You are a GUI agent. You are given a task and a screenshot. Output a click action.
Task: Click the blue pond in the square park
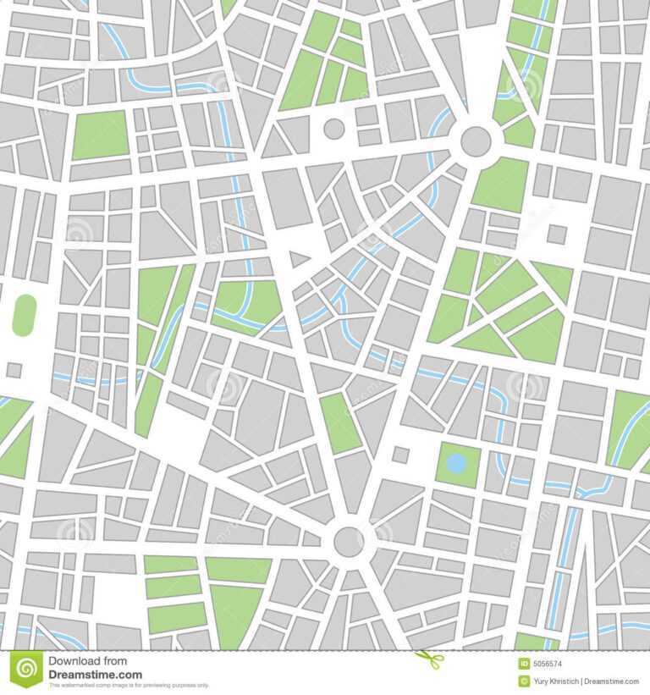[456, 463]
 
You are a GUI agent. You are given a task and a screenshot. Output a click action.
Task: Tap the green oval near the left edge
[24, 315]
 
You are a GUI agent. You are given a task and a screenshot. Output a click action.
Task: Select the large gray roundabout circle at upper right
[476, 141]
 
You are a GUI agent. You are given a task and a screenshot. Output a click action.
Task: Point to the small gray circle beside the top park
[334, 129]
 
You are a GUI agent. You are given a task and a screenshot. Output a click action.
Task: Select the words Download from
[87, 661]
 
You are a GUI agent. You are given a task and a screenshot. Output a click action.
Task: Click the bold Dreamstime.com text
[95, 675]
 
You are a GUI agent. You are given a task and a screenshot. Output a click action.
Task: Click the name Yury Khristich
[561, 681]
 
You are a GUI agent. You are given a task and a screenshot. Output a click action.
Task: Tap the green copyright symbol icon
[524, 681]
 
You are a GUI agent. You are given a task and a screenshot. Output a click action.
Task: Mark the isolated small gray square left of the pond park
[400, 455]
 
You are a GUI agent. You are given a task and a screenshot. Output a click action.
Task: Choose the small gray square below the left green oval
[14, 370]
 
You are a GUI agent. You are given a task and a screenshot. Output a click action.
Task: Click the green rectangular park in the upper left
[100, 135]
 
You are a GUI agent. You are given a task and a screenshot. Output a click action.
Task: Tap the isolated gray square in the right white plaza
[556, 234]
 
